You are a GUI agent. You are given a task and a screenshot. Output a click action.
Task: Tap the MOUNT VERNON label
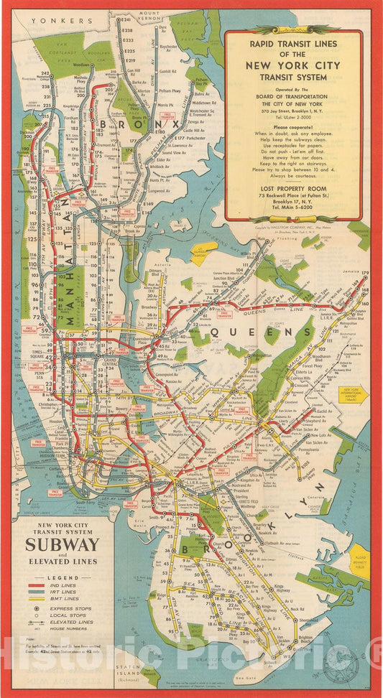[150, 16]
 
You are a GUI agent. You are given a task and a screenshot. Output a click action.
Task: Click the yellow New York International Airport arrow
[353, 394]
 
